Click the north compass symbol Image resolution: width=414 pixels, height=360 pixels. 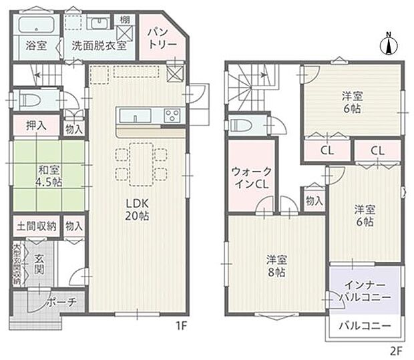pos(387,44)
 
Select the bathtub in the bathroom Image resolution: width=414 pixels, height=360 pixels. pos(37,27)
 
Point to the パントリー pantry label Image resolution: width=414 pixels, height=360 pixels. pos(163,37)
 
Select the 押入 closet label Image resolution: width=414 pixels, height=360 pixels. pos(36,124)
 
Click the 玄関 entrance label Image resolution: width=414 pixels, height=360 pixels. pos(39,264)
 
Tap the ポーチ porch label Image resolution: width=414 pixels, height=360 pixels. pos(61,302)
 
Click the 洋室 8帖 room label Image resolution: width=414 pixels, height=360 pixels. pos(276,266)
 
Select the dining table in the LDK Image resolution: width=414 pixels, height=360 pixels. pos(140,164)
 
